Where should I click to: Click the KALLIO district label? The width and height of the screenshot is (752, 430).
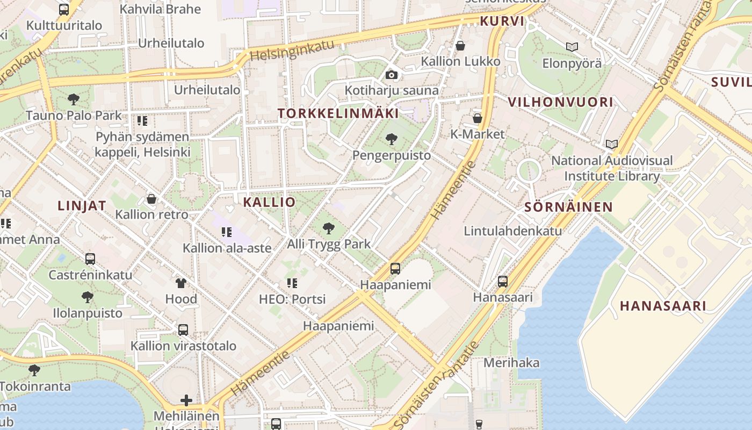(269, 202)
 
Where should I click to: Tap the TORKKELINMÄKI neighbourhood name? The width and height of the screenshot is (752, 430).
(338, 113)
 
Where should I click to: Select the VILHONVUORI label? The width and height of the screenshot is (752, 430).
(560, 102)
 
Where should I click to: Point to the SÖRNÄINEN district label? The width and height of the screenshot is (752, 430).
(568, 207)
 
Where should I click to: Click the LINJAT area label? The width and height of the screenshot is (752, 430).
(82, 205)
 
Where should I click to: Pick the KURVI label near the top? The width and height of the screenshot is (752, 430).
(502, 21)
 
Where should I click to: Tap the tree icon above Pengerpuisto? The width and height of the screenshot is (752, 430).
(392, 139)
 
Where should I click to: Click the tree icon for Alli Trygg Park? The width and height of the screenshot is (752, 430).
(329, 228)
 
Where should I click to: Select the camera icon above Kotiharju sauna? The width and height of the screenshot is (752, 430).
(392, 75)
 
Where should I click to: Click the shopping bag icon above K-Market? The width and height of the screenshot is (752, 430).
(477, 118)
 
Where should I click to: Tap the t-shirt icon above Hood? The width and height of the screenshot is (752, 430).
(181, 283)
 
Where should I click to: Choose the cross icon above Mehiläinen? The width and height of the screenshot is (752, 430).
(186, 400)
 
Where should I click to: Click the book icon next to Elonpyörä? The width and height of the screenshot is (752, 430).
(572, 47)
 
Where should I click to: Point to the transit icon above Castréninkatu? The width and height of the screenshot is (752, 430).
(90, 259)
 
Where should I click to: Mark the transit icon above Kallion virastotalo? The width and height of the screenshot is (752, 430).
(183, 329)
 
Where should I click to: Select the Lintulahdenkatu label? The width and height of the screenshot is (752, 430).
(512, 231)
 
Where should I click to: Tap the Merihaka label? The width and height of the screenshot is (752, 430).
(511, 362)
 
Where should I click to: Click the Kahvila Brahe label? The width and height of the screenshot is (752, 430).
(160, 9)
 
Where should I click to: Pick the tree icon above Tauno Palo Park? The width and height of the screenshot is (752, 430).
(74, 99)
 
